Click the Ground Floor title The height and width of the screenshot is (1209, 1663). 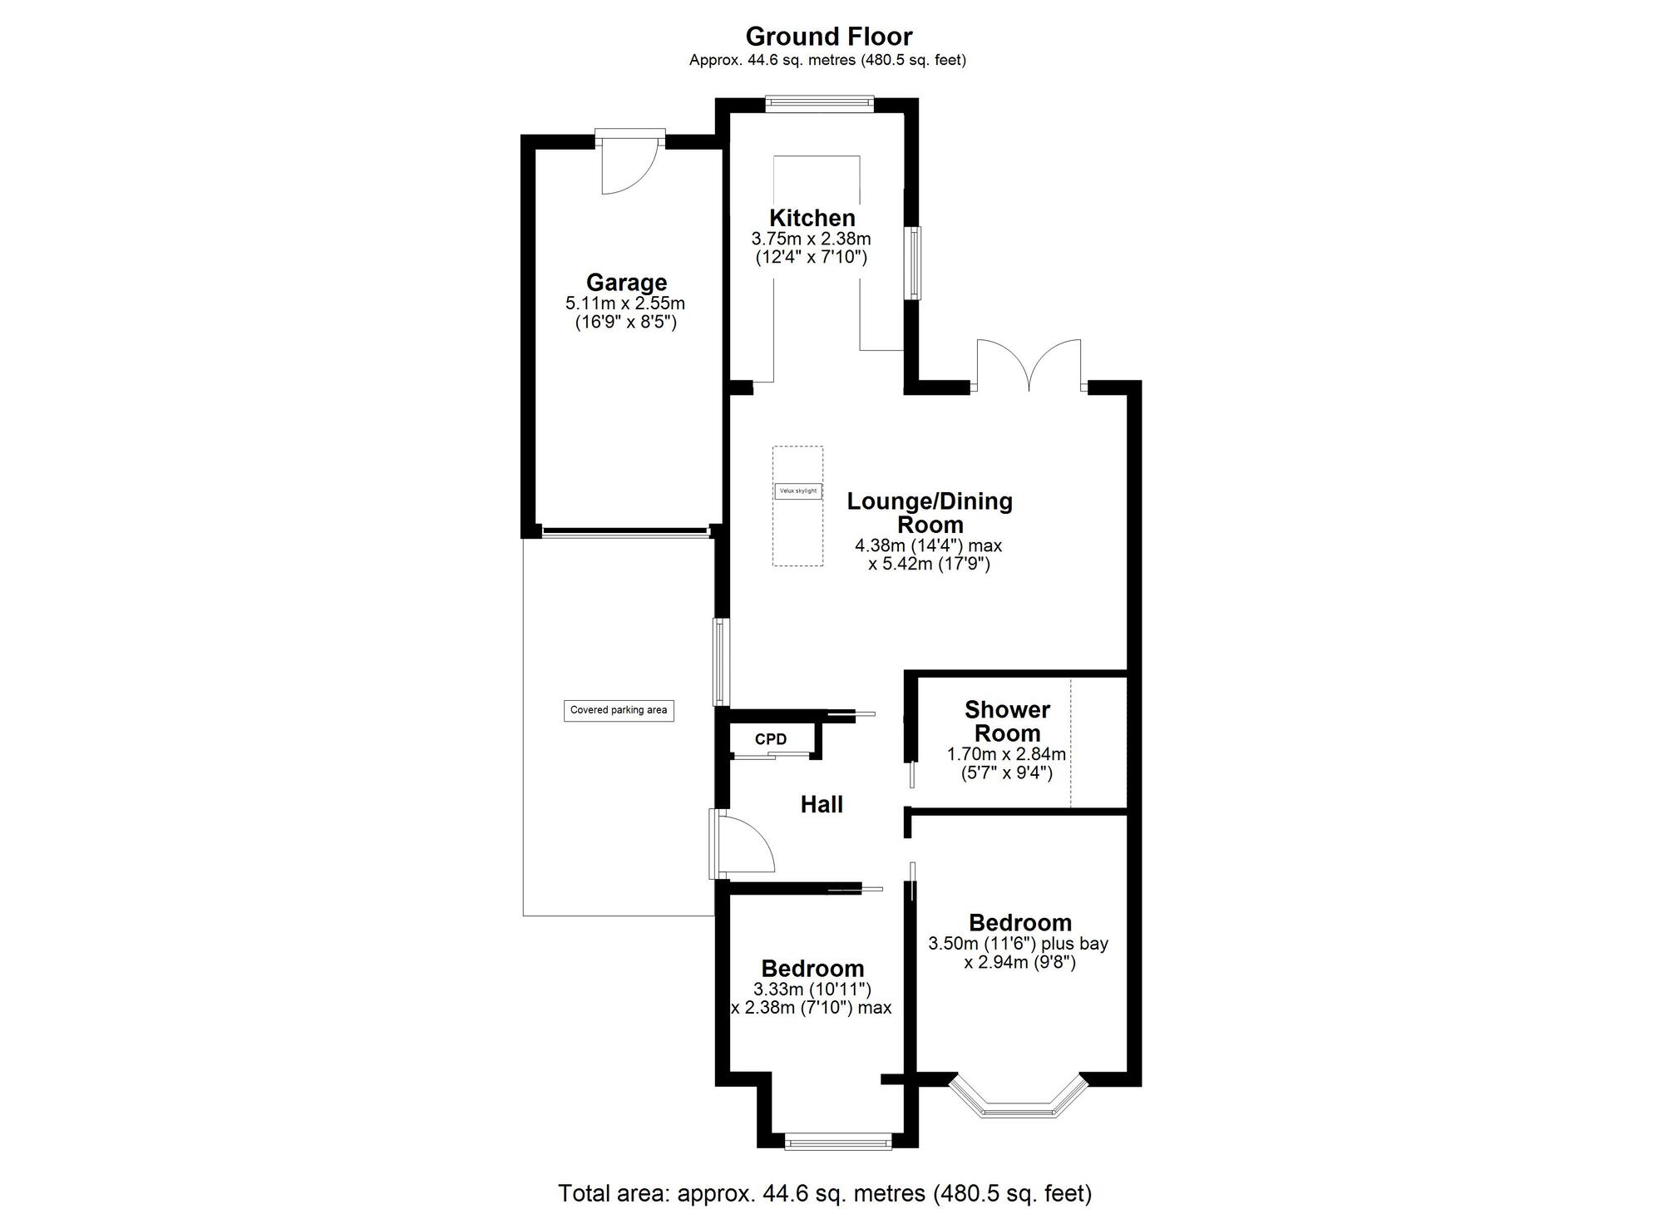point(828,37)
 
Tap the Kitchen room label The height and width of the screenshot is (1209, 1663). point(812,218)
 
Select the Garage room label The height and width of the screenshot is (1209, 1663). point(626,283)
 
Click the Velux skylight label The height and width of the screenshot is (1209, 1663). point(797,491)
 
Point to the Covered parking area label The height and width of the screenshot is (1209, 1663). point(619,710)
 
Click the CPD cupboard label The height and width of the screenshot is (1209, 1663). point(770,739)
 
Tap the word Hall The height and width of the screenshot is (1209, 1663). point(822,804)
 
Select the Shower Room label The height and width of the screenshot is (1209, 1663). point(1007,721)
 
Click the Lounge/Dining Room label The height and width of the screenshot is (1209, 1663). point(930,513)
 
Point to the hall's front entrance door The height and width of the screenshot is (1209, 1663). point(742,843)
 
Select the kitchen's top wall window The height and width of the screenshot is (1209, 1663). point(819,104)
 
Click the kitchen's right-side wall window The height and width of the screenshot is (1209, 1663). point(914,263)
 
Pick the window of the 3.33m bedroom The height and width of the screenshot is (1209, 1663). point(837,1143)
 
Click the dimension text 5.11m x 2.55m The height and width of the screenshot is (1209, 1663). point(625,303)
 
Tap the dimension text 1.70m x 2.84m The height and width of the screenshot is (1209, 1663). point(1006,754)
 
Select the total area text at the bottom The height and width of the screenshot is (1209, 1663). point(824,1193)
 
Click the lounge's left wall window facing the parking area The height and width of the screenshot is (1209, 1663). point(721,662)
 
